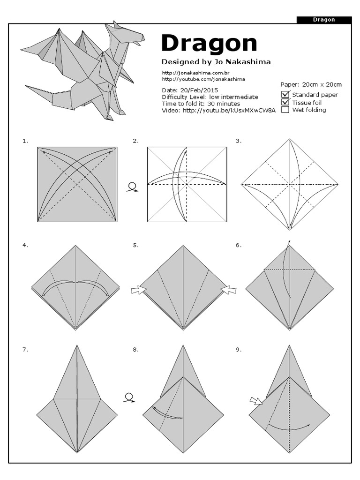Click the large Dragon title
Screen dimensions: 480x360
209,44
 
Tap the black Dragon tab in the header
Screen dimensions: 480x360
324,20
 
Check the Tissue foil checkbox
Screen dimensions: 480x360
285,102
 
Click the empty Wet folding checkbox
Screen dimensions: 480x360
285,110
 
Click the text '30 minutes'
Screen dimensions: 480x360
224,104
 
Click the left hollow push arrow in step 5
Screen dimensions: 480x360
138,291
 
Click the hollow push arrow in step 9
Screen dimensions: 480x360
256,401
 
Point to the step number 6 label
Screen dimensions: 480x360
239,245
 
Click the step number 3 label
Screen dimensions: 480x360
239,141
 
